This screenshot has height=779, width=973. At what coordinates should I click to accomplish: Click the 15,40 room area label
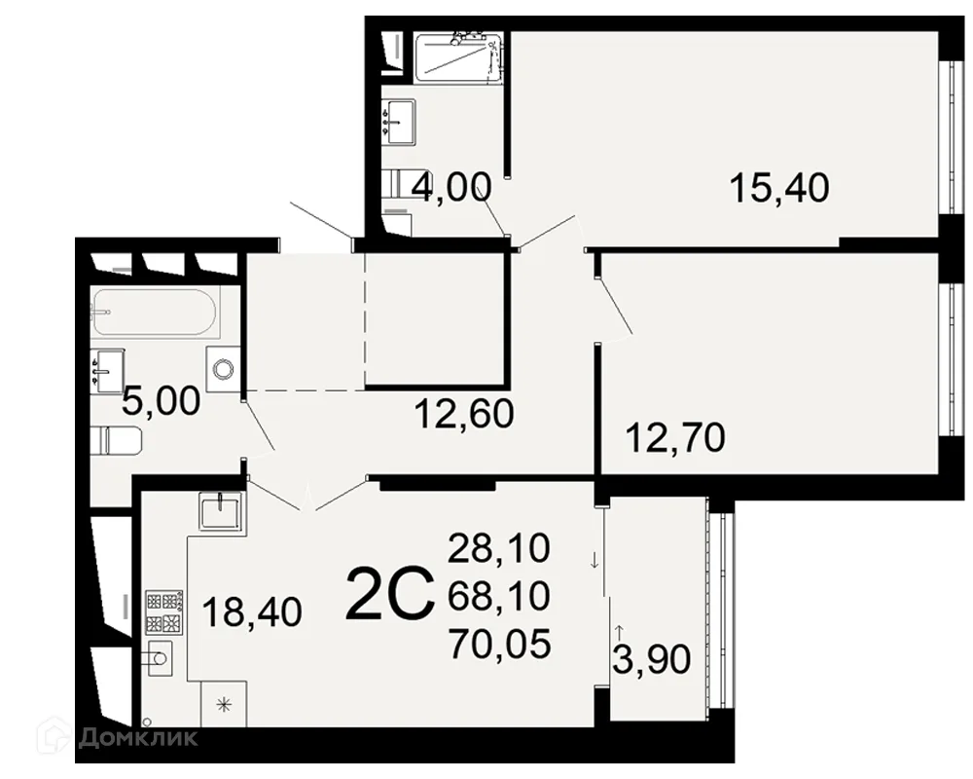(779, 188)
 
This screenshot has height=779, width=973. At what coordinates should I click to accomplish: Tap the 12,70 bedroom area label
(675, 437)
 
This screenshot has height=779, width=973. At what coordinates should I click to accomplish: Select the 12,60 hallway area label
(464, 414)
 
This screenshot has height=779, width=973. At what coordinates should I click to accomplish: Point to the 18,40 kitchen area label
(252, 612)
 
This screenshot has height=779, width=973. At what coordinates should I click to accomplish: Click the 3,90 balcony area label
(652, 659)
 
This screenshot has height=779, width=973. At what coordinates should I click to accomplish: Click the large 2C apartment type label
(389, 595)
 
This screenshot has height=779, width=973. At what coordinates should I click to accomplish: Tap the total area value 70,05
(499, 644)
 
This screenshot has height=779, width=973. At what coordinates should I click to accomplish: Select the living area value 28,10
(499, 548)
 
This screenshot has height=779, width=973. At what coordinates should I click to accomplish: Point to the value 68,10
(499, 596)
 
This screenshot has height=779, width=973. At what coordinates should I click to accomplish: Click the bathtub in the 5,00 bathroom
(154, 313)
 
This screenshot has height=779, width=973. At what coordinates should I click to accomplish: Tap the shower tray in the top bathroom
(458, 57)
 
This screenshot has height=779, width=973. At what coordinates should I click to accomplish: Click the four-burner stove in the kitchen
(163, 611)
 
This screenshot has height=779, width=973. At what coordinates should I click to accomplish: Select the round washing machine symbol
(222, 370)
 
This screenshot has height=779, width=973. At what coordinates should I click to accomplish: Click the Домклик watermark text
(138, 737)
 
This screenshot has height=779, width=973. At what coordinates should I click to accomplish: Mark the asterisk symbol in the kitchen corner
(224, 704)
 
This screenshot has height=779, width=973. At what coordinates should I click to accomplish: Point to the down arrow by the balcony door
(595, 561)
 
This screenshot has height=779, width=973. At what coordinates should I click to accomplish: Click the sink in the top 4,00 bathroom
(398, 123)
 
